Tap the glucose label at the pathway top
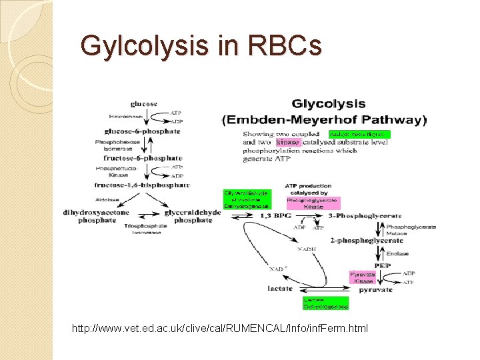tap(144, 104)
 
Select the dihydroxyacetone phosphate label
tap(97, 216)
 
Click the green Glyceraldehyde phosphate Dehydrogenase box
tap(246, 199)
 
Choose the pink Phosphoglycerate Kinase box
tap(313, 203)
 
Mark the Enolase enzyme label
tap(397, 254)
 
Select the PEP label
tap(383, 265)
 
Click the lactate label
tap(281, 289)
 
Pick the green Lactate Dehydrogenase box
tap(325, 304)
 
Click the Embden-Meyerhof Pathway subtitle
tap(333, 121)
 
